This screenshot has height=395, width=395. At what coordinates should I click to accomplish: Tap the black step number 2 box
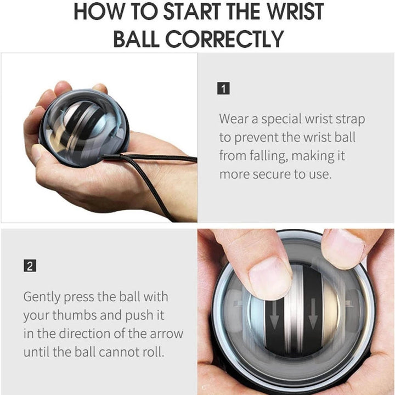coord(29,267)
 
